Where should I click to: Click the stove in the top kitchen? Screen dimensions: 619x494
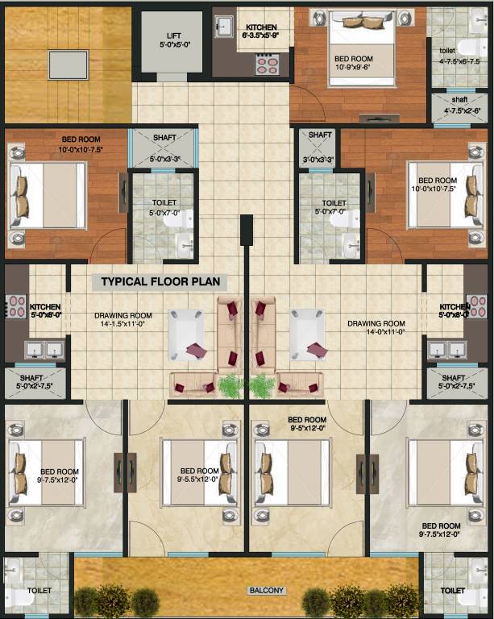click(x=267, y=65)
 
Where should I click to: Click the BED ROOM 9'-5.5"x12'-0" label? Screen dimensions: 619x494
click(x=199, y=476)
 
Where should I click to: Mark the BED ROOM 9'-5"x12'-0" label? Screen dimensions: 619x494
click(x=307, y=424)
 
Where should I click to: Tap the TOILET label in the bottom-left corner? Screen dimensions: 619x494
click(x=39, y=591)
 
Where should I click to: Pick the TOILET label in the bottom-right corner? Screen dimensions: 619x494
click(x=454, y=591)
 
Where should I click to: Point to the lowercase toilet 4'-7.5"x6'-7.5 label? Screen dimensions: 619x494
click(x=459, y=56)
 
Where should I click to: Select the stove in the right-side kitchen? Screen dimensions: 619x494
click(x=478, y=306)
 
